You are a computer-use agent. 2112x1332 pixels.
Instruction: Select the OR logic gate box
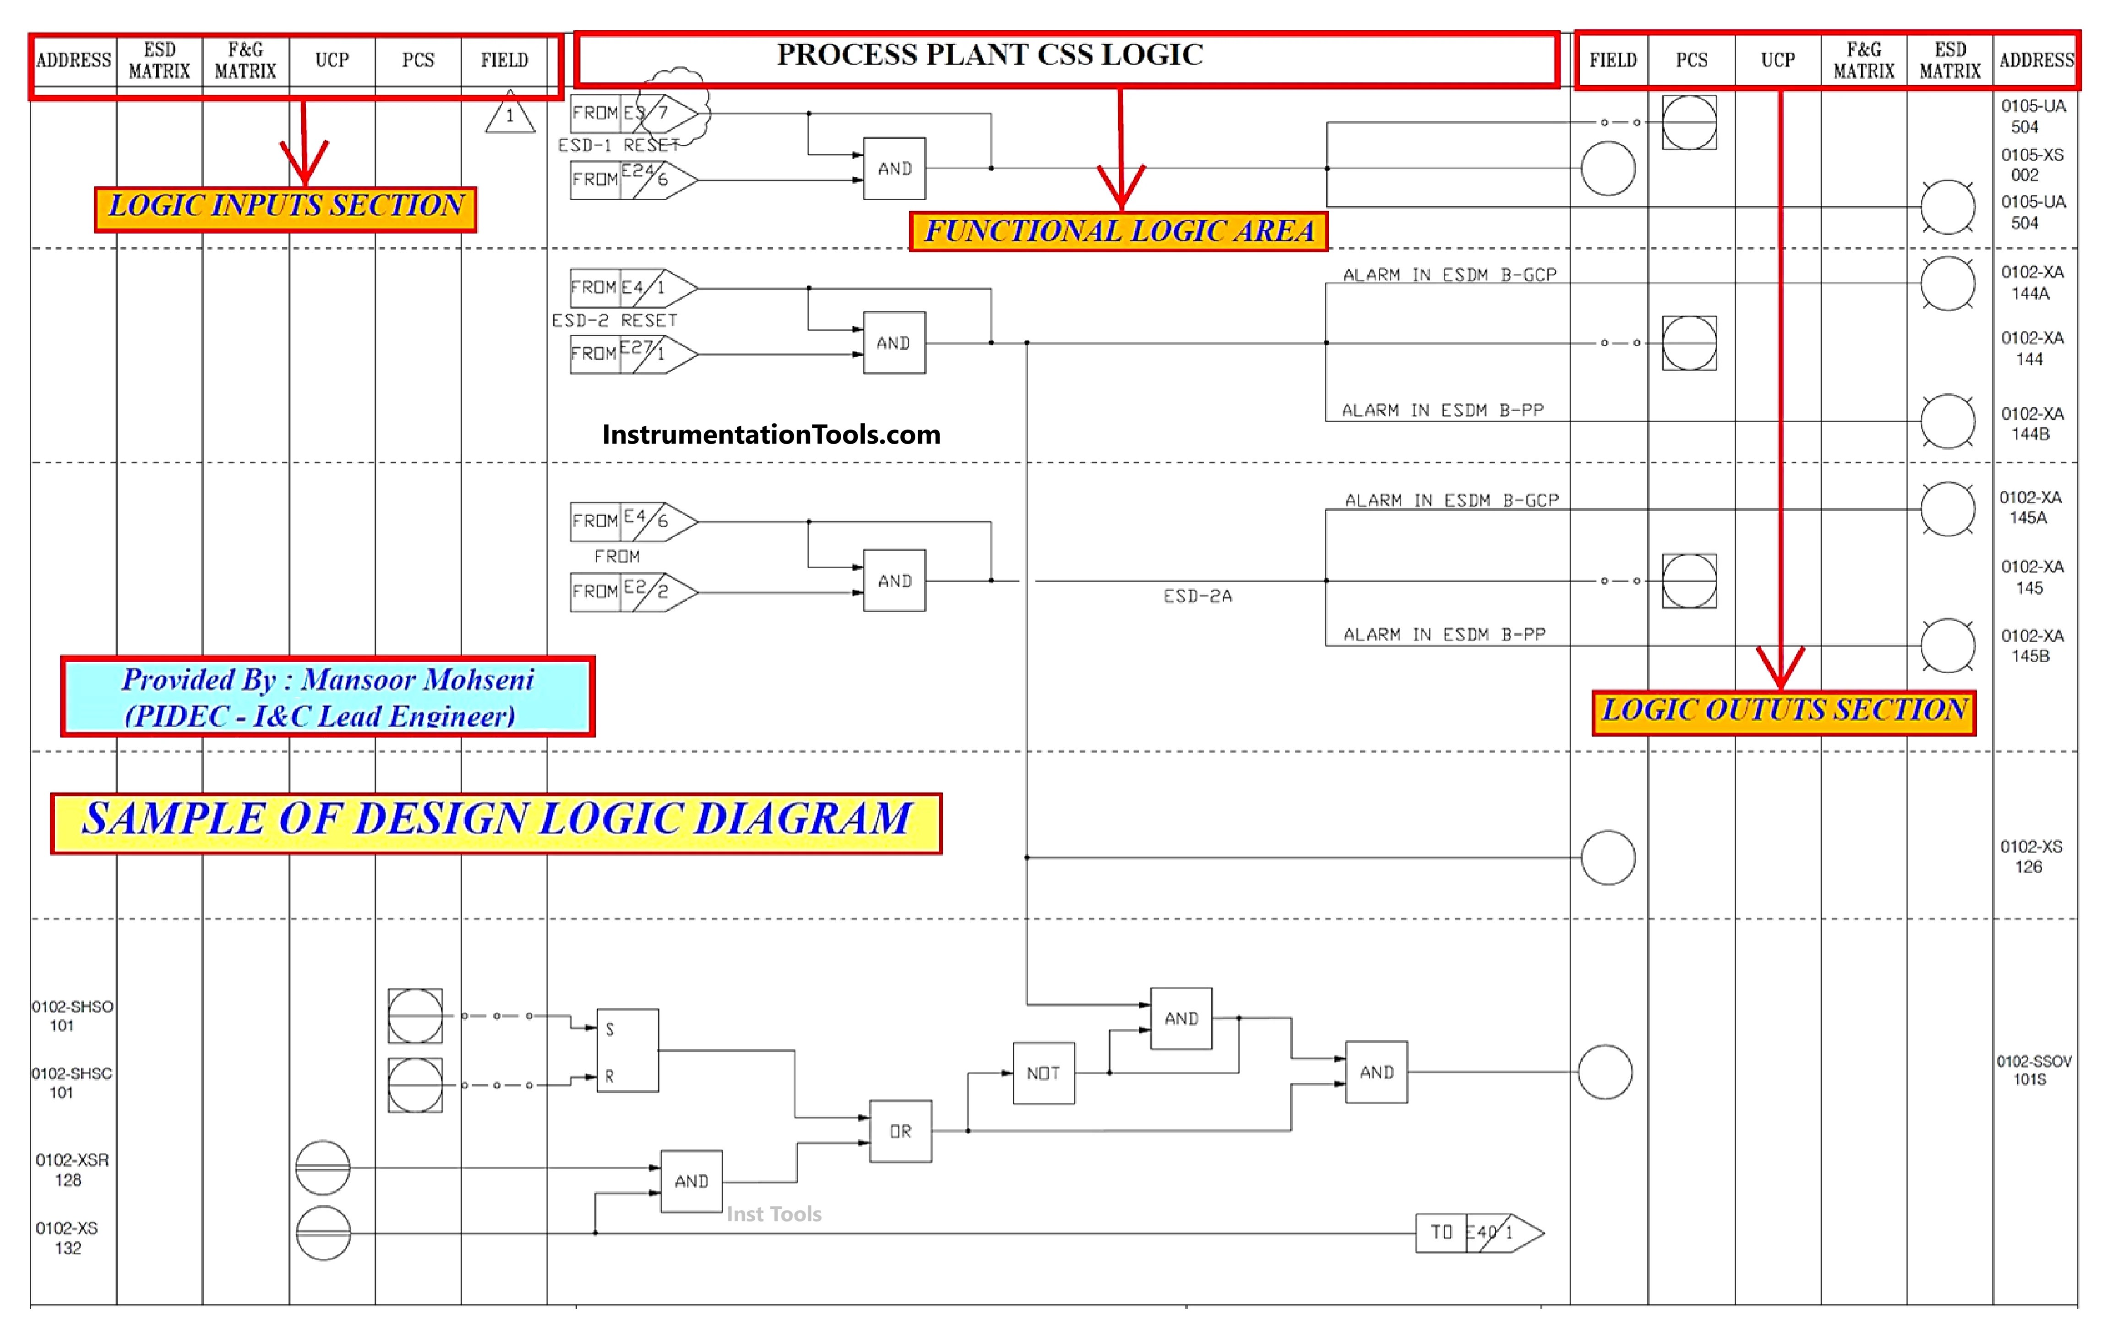[x=900, y=1131]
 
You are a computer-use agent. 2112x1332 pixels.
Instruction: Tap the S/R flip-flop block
[x=627, y=1050]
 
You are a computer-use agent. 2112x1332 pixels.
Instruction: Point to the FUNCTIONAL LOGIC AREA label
[x=1118, y=232]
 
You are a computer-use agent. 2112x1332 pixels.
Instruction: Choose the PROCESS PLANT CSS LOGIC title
[x=989, y=55]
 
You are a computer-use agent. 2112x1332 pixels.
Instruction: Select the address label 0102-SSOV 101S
[x=2033, y=1070]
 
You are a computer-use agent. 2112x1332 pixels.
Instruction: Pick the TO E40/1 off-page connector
[x=1479, y=1233]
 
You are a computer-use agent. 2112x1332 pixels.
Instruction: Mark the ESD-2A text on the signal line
[x=1197, y=596]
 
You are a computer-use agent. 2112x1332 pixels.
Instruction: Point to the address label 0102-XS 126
[x=2030, y=856]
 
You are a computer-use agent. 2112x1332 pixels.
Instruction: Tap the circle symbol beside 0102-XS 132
[x=323, y=1233]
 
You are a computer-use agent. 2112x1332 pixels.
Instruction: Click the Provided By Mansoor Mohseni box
[x=327, y=696]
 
